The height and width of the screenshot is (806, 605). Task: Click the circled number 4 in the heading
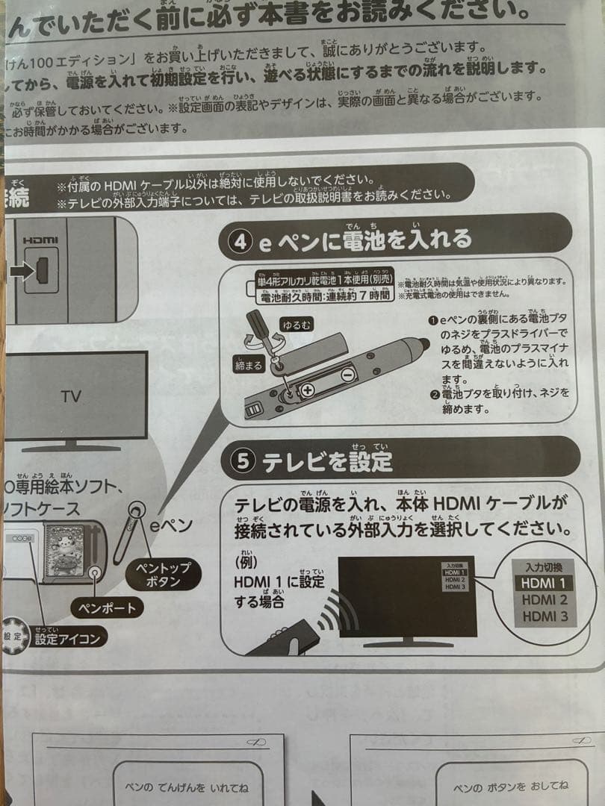point(241,242)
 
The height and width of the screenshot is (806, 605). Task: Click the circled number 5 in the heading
point(241,461)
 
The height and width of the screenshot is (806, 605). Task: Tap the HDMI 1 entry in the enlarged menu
point(543,583)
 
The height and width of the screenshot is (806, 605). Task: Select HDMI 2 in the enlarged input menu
point(544,599)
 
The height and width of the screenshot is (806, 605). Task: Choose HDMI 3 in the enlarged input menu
point(544,616)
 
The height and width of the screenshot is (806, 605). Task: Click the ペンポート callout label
point(108,607)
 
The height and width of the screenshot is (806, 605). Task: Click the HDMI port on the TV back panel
point(42,270)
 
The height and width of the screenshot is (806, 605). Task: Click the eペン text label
point(171,525)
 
